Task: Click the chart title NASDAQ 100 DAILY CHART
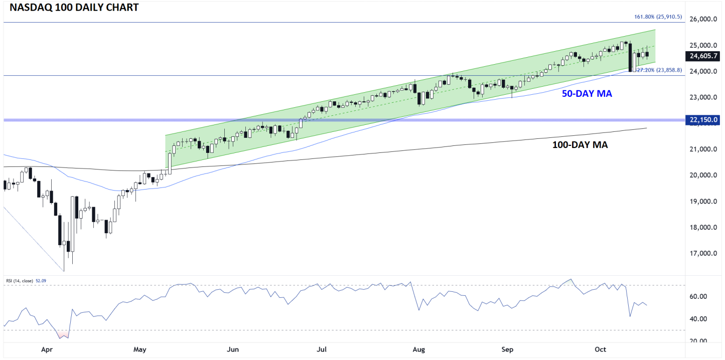click(x=71, y=8)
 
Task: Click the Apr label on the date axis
click(x=47, y=349)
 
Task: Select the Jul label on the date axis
click(x=322, y=349)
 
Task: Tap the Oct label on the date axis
click(x=601, y=349)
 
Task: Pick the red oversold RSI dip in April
click(x=64, y=334)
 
